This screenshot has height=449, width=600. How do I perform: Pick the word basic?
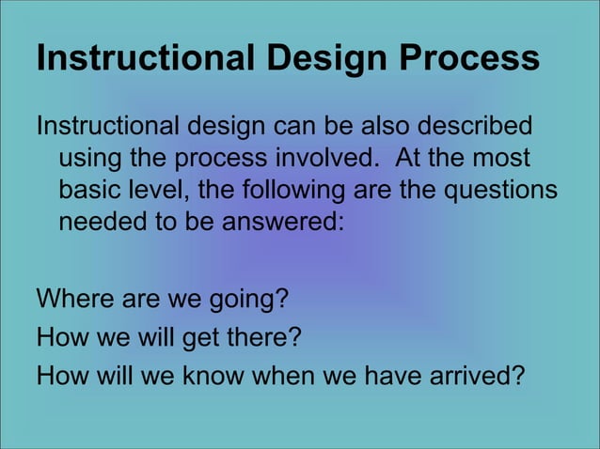coord(88,192)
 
